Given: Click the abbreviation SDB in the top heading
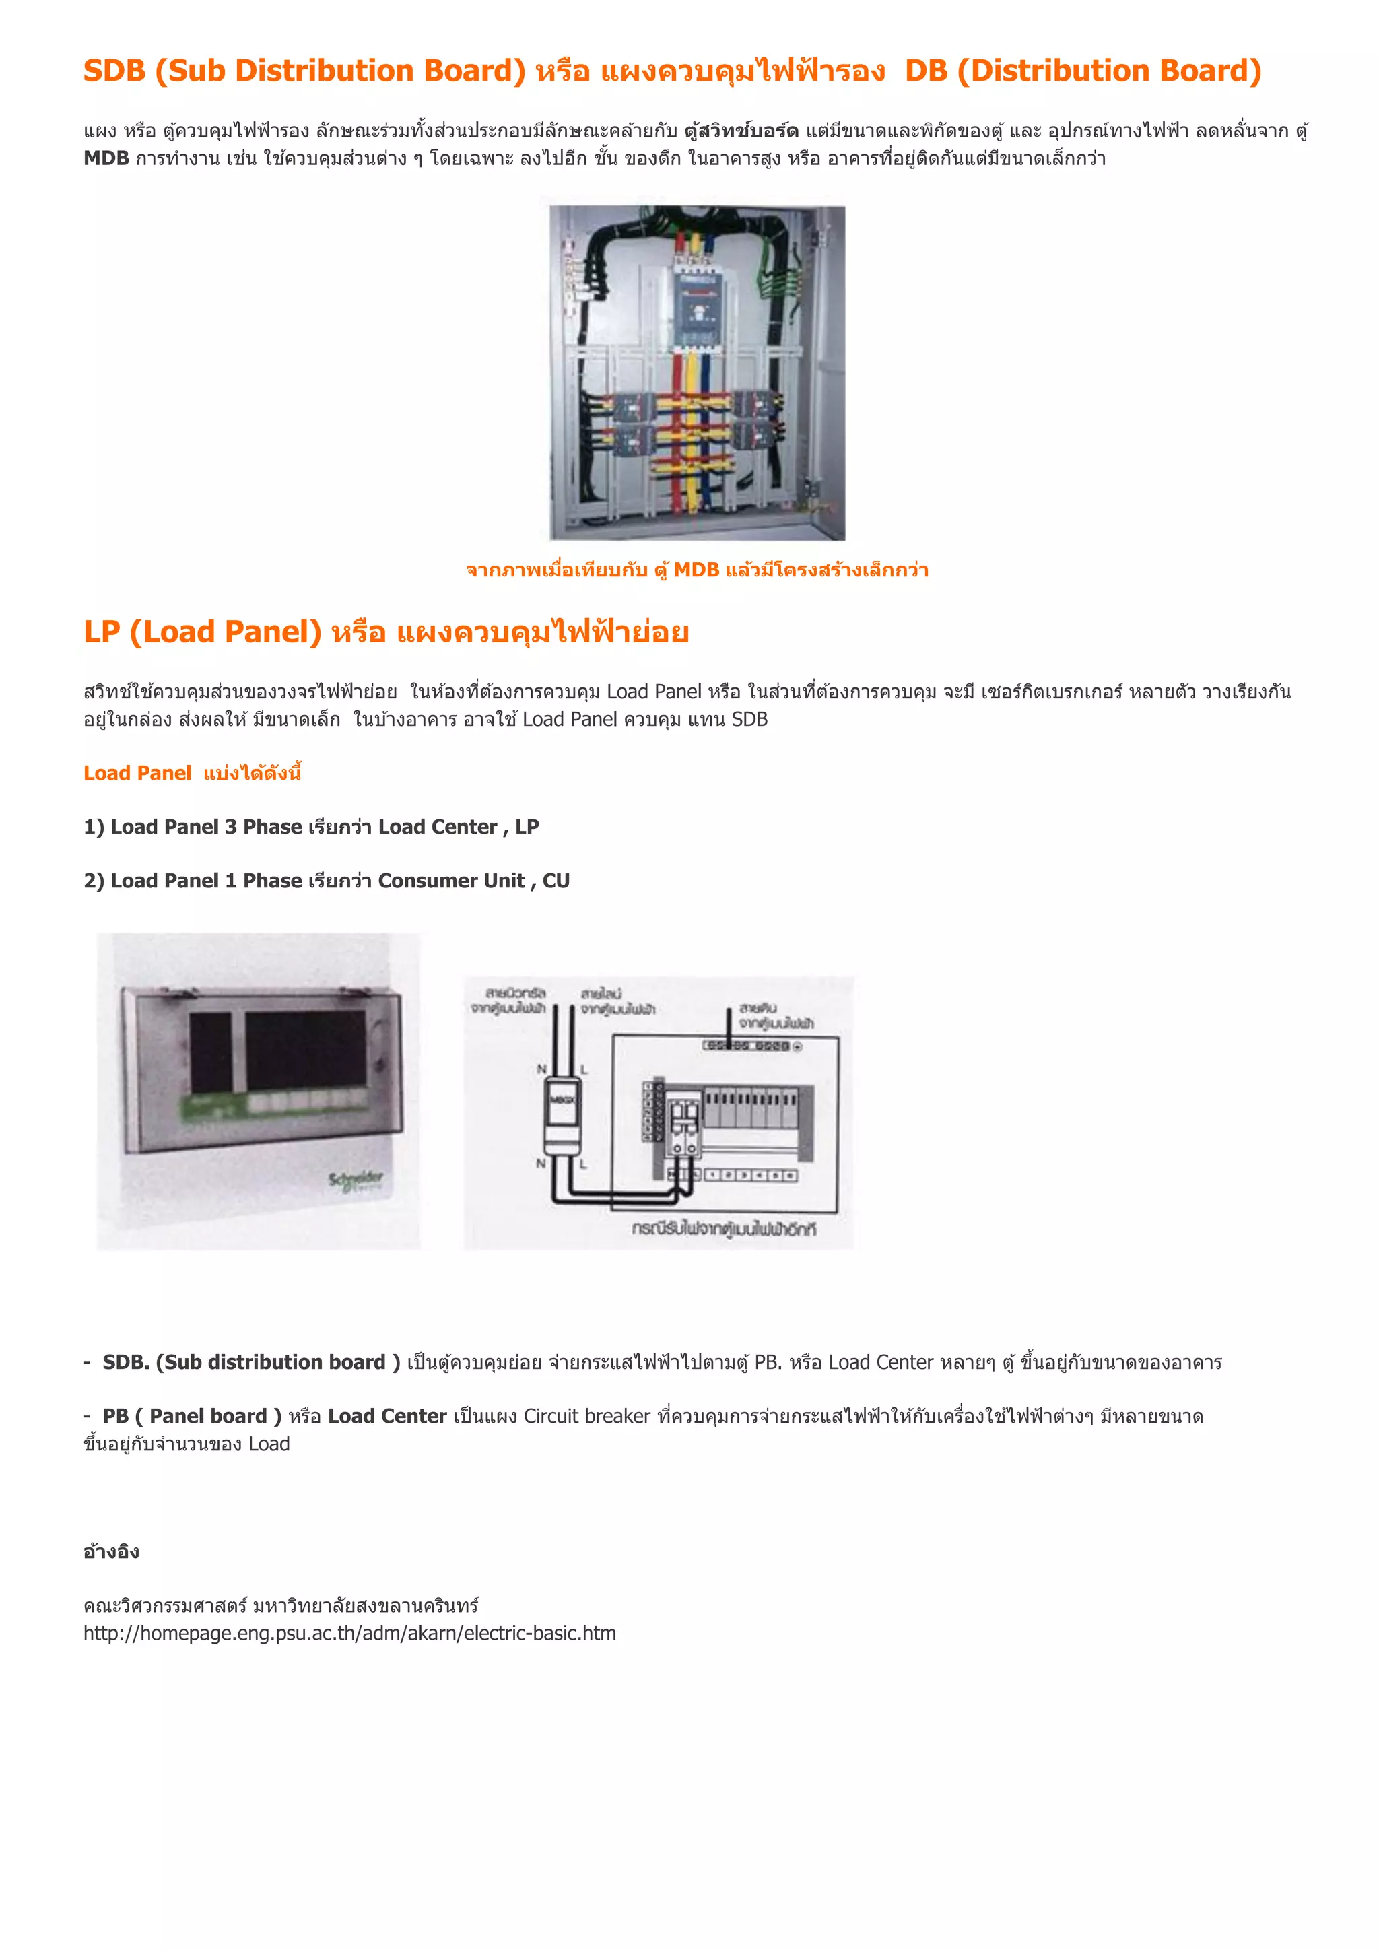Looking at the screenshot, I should pos(114,71).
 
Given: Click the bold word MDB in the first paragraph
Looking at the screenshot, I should pos(106,159).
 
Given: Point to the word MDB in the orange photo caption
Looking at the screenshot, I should pos(696,570).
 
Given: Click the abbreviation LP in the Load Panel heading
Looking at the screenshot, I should pos(101,632).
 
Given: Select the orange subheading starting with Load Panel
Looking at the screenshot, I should pos(192,773).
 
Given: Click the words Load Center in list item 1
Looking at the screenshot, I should pos(437,828).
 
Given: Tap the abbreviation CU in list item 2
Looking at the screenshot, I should pos(556,881).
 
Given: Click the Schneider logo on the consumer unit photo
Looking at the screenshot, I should pos(356,1180).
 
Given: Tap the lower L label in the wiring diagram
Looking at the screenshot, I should pos(583,1164).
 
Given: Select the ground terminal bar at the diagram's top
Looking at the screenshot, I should pos(751,1046).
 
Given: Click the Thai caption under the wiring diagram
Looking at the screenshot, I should pos(723,1229).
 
